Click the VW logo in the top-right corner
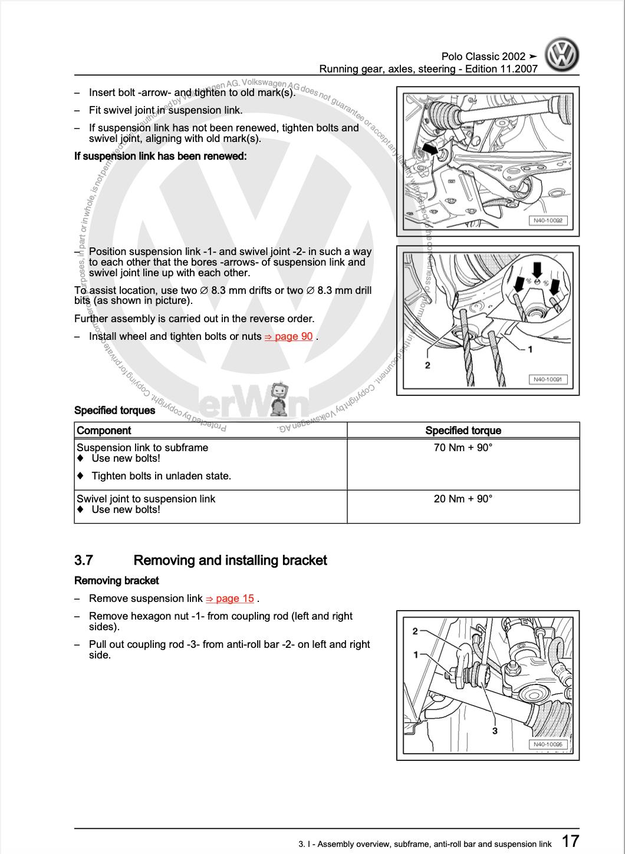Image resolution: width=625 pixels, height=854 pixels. pos(561,55)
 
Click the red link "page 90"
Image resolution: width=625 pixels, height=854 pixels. pos(289,336)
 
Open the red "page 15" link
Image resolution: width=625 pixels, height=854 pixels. pos(230,598)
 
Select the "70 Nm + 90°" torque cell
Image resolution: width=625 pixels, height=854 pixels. pos(463,448)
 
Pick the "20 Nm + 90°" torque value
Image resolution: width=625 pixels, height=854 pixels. pos(463,499)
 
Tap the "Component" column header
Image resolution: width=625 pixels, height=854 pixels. pos(104,431)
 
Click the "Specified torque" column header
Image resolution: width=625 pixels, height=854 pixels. pos(463,431)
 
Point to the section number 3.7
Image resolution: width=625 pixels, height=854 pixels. pos(84,560)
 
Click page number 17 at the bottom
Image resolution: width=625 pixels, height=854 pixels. pos(570,840)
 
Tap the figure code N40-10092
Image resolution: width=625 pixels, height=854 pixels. pos(548,221)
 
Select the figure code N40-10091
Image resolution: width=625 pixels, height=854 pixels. pos(548,379)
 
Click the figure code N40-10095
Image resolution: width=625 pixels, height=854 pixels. pos(548,744)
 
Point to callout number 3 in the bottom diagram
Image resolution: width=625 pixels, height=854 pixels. pos(495,731)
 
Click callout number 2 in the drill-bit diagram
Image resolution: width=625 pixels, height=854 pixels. pos(427,365)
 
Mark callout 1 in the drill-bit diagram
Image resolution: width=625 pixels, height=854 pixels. pos(530,349)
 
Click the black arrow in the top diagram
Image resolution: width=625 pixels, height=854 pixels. pos(431,150)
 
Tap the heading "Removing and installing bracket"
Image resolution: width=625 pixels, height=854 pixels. pos(230,560)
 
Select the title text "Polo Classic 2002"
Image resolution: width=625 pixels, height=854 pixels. pos(483,57)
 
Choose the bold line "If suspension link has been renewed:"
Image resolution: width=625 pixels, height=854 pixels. pos(160,156)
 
